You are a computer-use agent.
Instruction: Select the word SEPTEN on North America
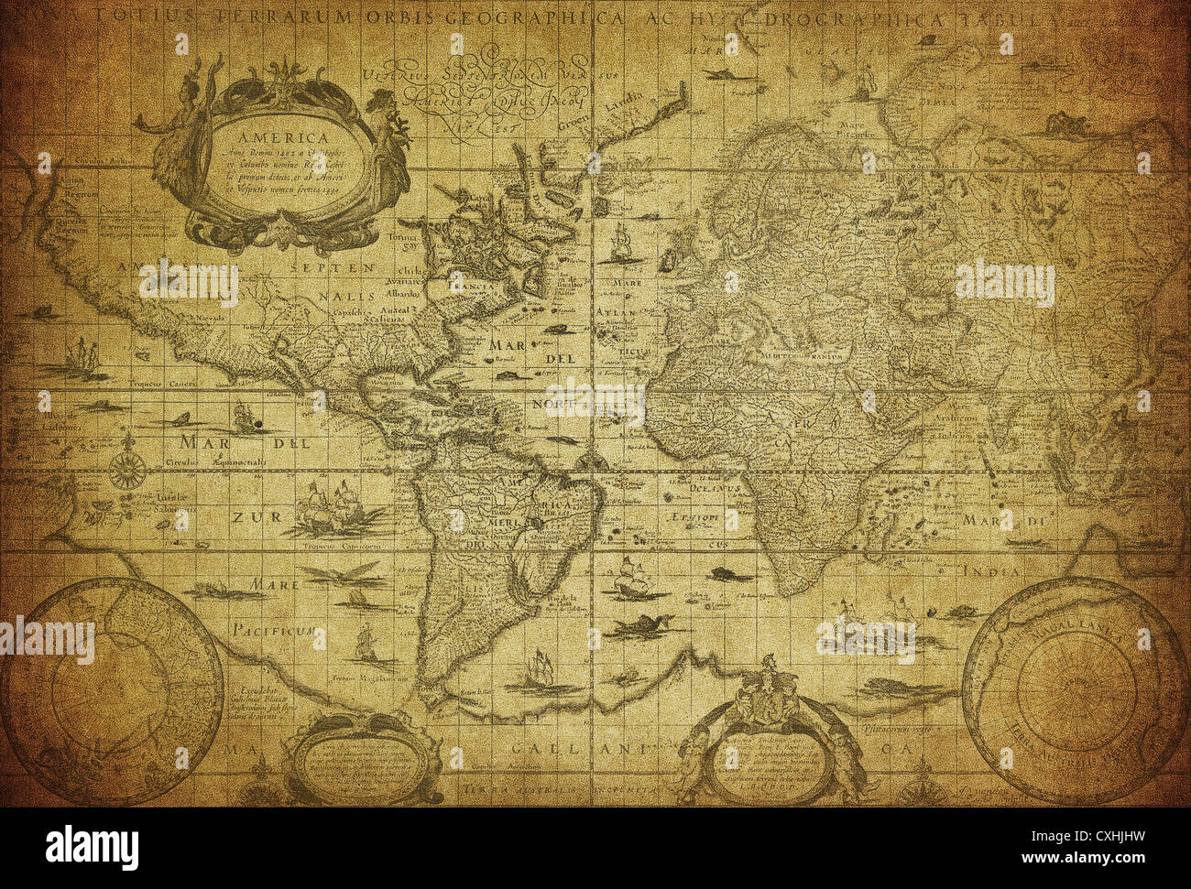click(332, 268)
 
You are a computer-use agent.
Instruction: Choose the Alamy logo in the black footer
click(92, 847)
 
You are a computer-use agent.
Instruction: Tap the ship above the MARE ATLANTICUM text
click(622, 243)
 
